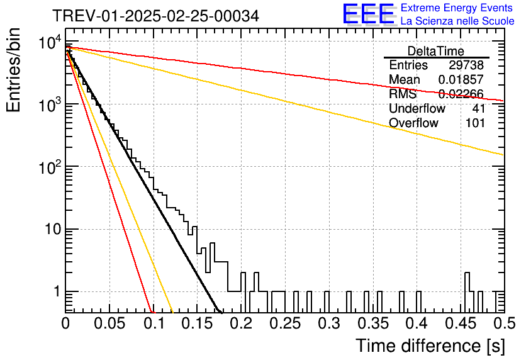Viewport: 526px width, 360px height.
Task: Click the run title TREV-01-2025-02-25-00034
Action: click(x=156, y=16)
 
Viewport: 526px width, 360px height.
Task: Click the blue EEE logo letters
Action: click(x=368, y=14)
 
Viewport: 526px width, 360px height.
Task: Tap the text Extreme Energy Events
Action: click(x=457, y=8)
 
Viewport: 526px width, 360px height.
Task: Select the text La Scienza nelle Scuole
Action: click(x=457, y=21)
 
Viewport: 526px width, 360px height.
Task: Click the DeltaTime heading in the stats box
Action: click(x=436, y=51)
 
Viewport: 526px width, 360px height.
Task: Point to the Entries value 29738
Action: click(x=466, y=65)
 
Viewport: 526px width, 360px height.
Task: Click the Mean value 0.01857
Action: click(x=461, y=79)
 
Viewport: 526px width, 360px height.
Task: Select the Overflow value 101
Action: click(x=475, y=123)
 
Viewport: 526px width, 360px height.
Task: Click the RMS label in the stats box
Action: click(x=403, y=94)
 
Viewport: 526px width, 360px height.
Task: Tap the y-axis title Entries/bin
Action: click(x=13, y=70)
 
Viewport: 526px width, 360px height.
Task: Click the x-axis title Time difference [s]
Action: click(x=430, y=346)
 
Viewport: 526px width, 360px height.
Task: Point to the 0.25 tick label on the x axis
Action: click(x=285, y=323)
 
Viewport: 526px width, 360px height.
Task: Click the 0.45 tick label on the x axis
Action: click(x=461, y=323)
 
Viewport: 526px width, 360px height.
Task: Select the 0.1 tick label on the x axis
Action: click(x=154, y=323)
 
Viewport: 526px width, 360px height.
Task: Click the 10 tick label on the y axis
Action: click(x=53, y=230)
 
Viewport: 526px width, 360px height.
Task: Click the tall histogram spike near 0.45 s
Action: click(x=467, y=292)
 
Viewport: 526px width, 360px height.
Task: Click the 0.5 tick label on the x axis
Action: click(x=505, y=323)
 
